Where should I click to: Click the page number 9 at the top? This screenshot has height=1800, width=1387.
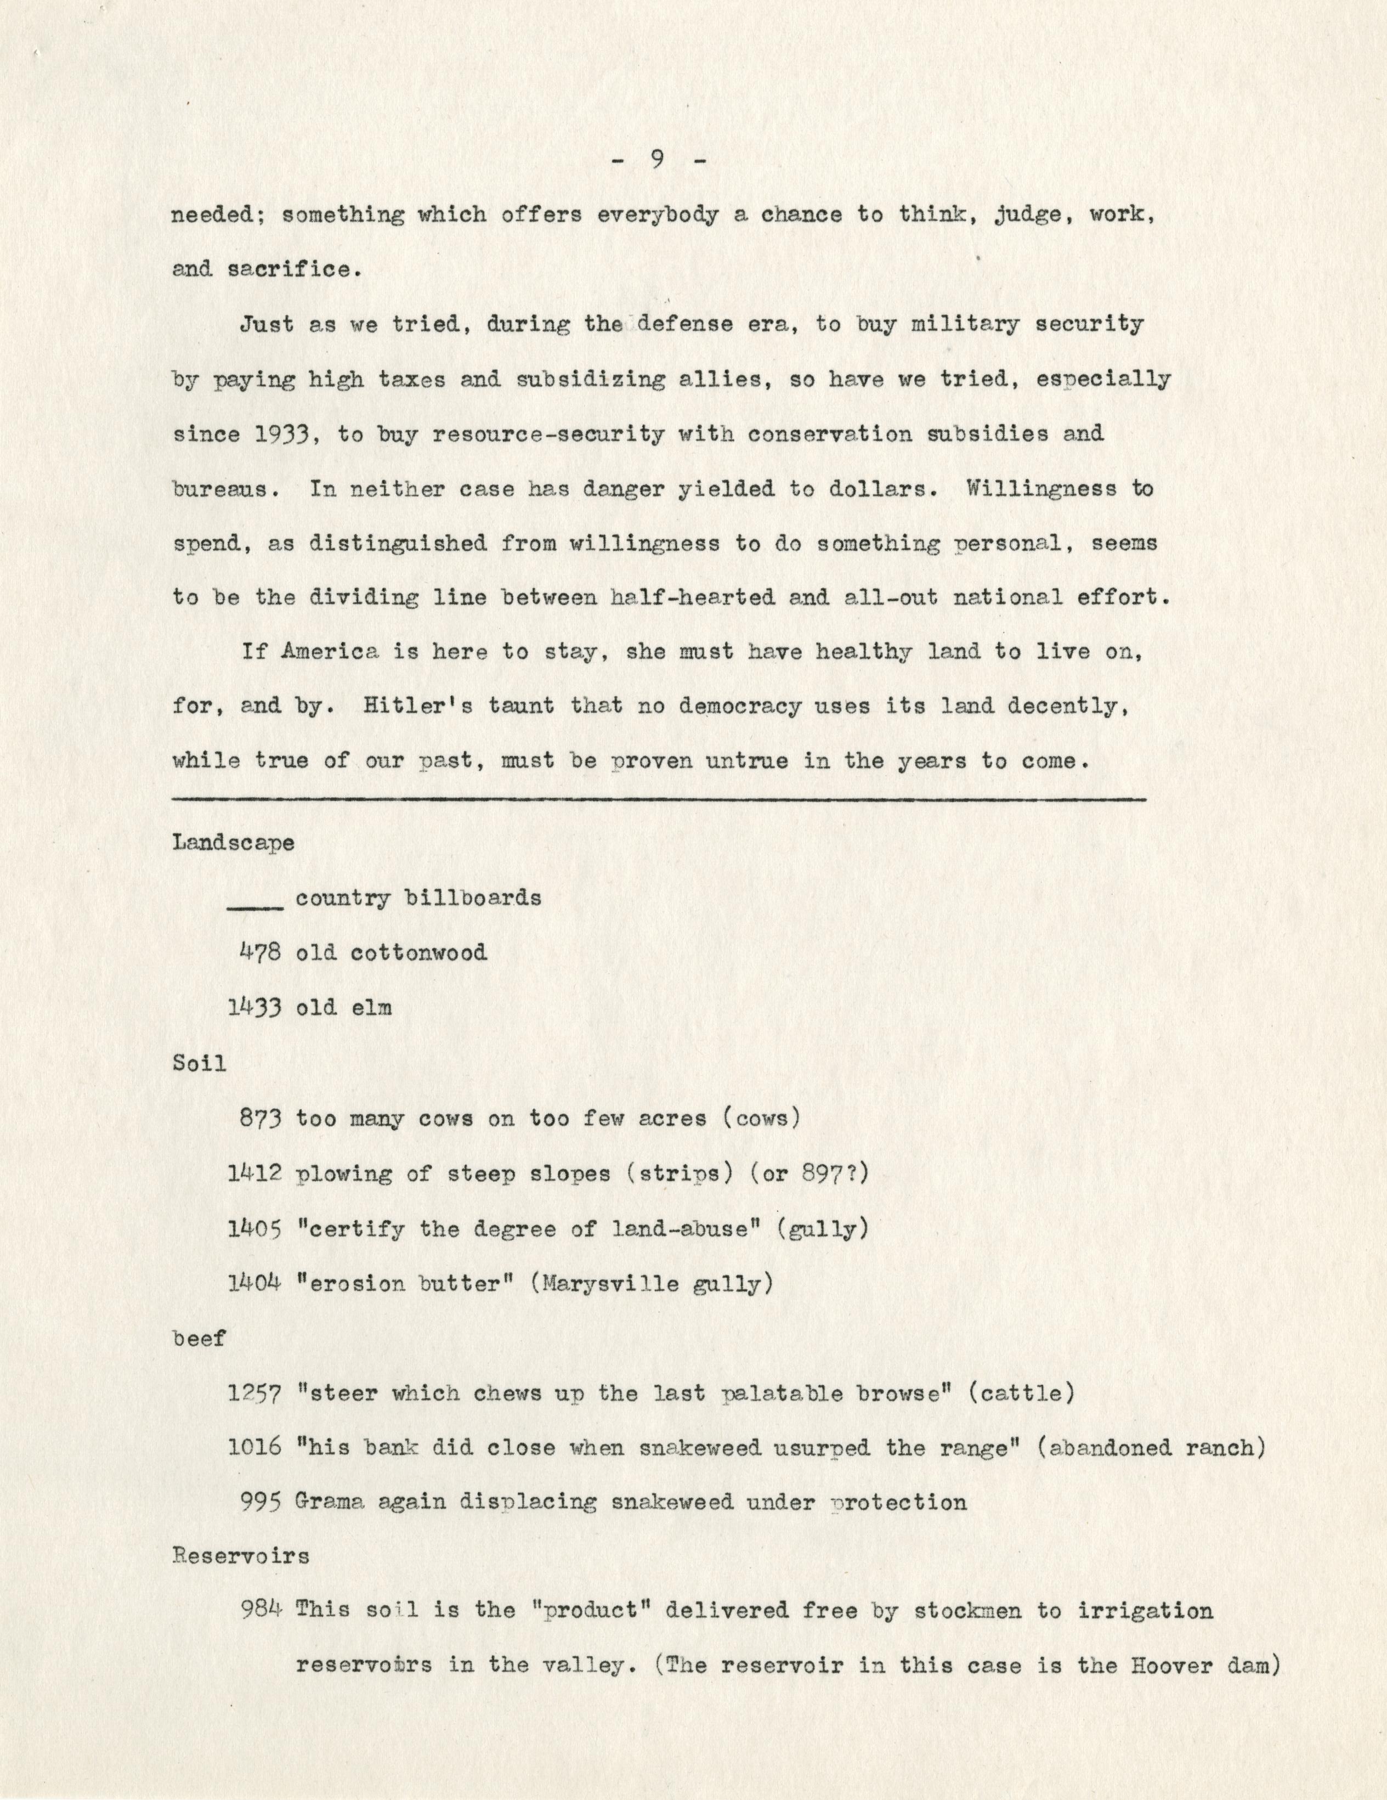click(x=658, y=161)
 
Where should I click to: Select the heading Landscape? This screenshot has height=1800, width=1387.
click(x=233, y=844)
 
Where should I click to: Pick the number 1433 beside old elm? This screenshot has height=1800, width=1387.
click(x=254, y=1008)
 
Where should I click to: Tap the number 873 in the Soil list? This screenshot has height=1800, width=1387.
click(x=261, y=1119)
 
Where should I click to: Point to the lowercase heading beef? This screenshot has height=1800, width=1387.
click(x=199, y=1339)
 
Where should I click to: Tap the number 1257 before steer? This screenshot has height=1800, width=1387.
click(x=254, y=1393)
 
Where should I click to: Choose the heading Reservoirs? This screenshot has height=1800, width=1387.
click(x=241, y=1556)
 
